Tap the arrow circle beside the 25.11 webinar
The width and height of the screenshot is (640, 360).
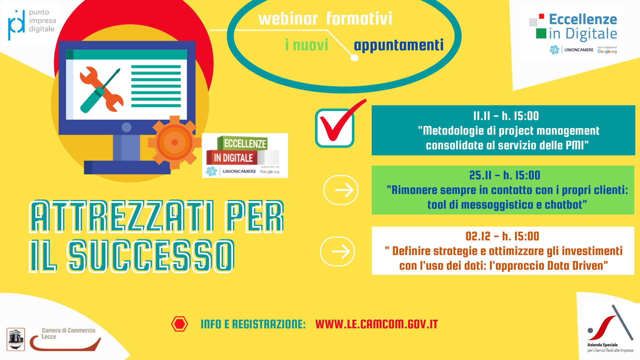pos(341,190)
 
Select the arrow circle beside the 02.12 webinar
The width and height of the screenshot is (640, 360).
pos(337,252)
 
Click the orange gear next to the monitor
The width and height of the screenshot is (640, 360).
pos(174,142)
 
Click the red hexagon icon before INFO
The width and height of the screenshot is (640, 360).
pos(179,324)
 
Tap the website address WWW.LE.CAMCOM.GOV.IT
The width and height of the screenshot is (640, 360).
pos(376,324)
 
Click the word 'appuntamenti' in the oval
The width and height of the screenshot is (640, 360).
pos(399,45)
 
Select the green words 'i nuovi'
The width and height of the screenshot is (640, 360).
pos(307,45)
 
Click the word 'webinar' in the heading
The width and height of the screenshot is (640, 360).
pos(288,19)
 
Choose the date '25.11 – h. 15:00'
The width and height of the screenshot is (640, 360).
pos(505,175)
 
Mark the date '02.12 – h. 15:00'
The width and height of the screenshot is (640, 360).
pos(502,236)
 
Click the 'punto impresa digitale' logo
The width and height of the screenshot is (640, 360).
pos(31,24)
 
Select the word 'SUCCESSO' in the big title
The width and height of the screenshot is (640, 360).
pos(151,256)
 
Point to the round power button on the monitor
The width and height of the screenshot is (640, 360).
pos(126,127)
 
